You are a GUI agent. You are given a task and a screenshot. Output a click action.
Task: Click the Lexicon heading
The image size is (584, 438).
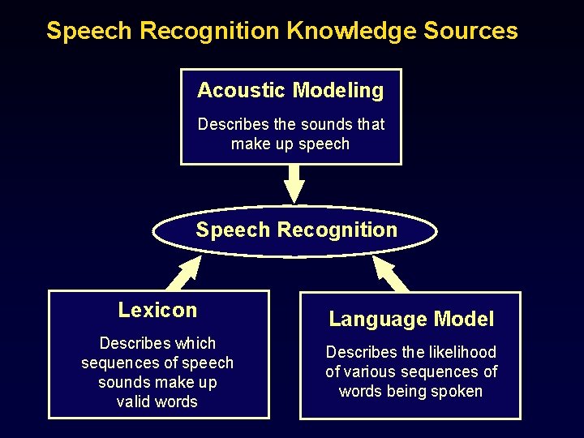[157, 310]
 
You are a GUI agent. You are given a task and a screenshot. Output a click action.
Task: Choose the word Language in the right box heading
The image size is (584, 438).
[370, 320]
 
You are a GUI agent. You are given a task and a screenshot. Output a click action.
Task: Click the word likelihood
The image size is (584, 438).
[463, 352]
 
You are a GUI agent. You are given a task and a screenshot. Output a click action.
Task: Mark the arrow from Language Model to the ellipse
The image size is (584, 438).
[390, 274]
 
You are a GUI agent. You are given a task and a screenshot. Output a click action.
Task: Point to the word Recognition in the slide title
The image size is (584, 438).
[209, 31]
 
